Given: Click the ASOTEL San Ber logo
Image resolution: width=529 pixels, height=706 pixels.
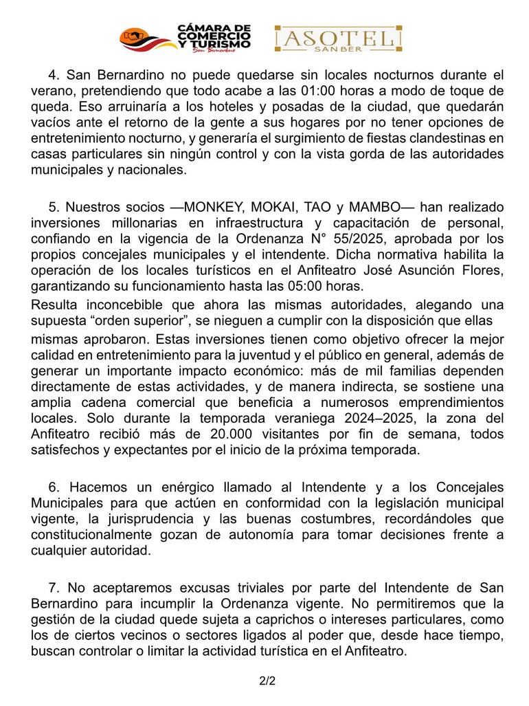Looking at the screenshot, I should click(338, 39).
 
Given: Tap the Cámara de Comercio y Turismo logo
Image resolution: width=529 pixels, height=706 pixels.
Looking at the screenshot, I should click(186, 38).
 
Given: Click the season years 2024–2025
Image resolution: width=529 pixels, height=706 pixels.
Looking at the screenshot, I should click(359, 418).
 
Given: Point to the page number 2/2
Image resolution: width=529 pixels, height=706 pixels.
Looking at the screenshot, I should click(267, 682).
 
